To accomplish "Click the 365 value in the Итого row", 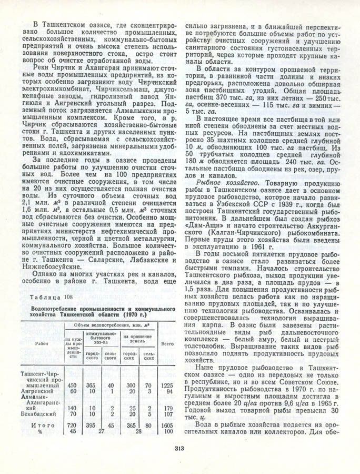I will pos(132,424).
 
